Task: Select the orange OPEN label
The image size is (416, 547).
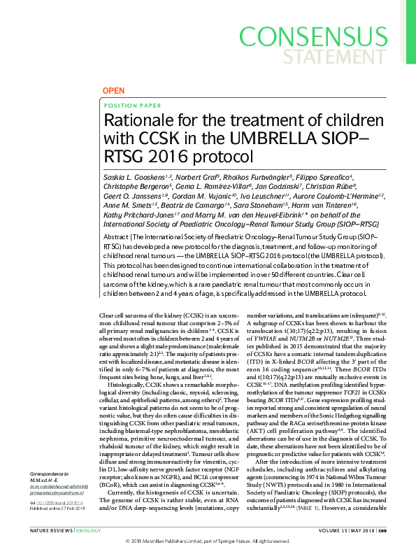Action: click(x=114, y=92)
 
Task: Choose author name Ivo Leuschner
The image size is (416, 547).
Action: click(x=257, y=197)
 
